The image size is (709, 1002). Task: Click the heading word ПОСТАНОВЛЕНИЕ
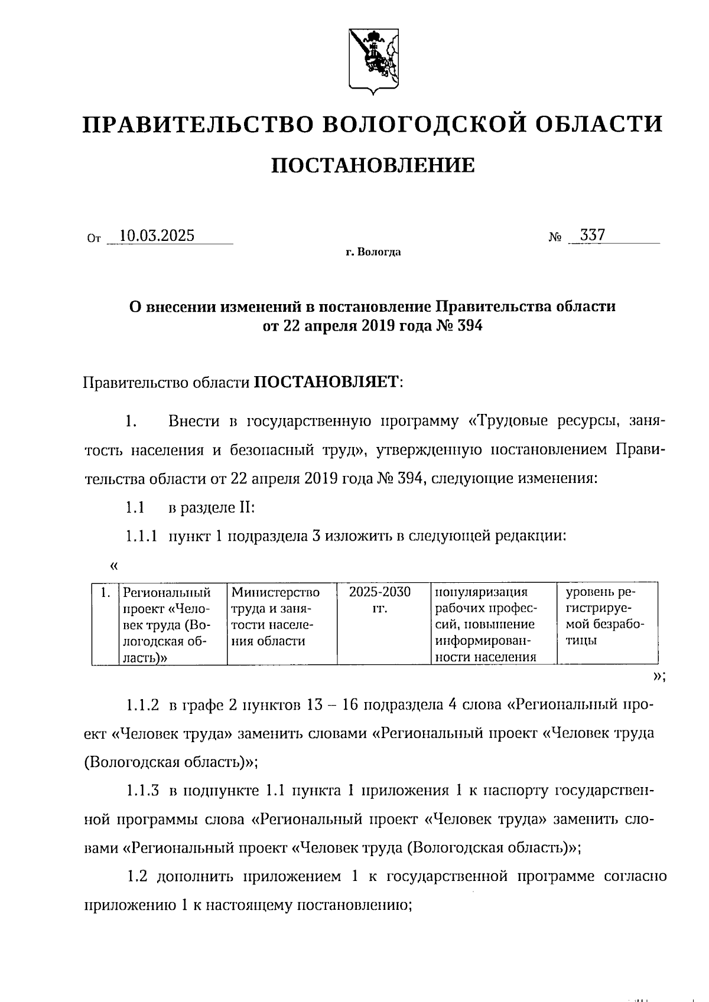[x=372, y=166]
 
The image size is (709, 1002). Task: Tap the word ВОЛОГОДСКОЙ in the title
[x=424, y=124]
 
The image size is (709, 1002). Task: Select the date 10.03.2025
[x=157, y=236]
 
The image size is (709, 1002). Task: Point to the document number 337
[x=593, y=236]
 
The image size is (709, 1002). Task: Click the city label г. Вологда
[x=373, y=253]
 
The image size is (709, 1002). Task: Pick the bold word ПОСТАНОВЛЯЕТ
[x=327, y=383]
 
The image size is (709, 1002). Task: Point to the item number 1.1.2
[x=142, y=705]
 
